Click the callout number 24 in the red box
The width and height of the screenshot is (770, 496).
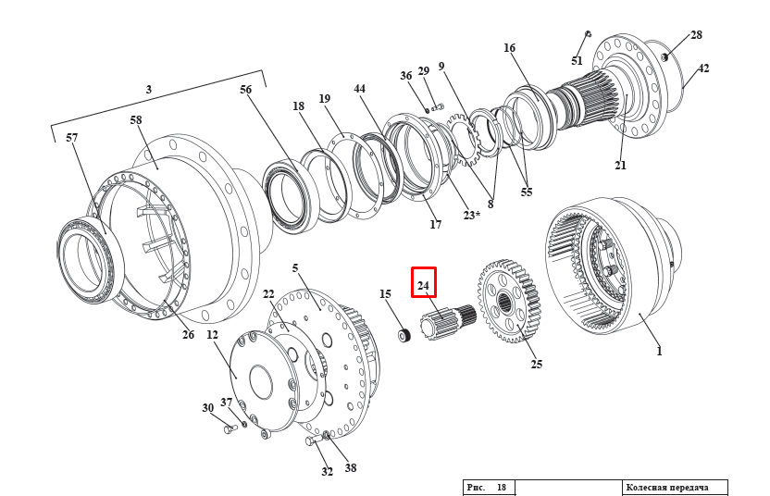click(423, 286)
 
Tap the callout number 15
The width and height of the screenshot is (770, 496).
click(385, 294)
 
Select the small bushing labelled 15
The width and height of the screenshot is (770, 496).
click(404, 335)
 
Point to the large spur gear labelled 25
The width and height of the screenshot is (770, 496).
click(510, 302)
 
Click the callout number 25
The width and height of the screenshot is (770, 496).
click(537, 365)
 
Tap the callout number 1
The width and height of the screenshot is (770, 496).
click(659, 352)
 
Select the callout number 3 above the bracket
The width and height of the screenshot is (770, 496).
click(148, 90)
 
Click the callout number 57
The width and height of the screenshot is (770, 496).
click(72, 138)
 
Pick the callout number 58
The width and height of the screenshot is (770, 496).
click(136, 121)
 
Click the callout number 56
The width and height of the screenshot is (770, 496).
click(245, 90)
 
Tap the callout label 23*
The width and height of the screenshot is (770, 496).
click(472, 216)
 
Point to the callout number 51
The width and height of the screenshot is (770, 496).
click(577, 61)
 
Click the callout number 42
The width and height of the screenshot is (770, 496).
click(703, 68)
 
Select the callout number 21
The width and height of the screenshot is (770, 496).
click(620, 166)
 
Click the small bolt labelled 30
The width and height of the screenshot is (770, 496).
click(230, 428)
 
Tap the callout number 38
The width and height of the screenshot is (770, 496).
click(351, 468)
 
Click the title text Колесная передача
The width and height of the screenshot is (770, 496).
click(666, 488)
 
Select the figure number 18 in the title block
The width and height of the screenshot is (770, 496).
click(501, 488)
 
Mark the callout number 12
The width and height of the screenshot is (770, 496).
click(212, 335)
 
